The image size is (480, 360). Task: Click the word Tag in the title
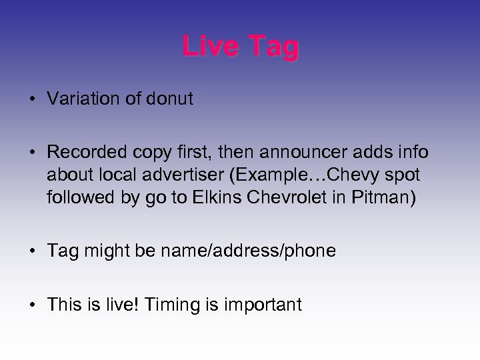[x=273, y=47]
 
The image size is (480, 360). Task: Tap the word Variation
[x=85, y=100]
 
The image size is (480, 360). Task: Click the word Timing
[x=175, y=305]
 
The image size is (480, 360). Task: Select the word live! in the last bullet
[x=127, y=305]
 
